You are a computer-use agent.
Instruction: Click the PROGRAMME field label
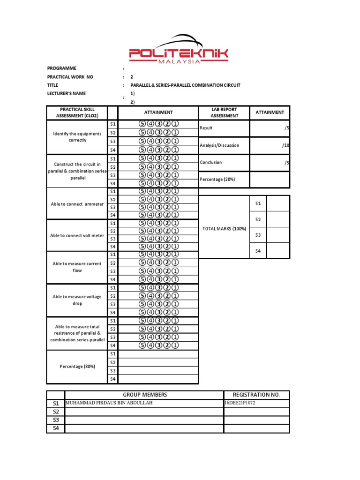61,68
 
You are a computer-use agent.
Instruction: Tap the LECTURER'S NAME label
66,94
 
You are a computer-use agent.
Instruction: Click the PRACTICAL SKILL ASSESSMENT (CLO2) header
77,112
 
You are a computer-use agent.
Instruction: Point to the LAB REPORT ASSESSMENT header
224,112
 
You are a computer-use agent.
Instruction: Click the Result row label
206,128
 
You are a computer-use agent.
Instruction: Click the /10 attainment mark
285,145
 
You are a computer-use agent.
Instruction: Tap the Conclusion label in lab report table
211,163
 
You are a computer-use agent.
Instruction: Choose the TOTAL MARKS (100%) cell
224,228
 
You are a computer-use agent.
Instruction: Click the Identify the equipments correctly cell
77,137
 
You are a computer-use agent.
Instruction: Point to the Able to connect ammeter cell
77,204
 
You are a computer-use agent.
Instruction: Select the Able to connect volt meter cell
77,235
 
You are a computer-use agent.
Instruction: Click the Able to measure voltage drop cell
77,300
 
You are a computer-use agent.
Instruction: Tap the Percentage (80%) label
77,367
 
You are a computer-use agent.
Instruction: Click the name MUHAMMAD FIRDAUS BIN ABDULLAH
109,403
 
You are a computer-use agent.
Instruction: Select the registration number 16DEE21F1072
240,403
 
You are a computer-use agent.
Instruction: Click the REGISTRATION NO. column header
256,395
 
